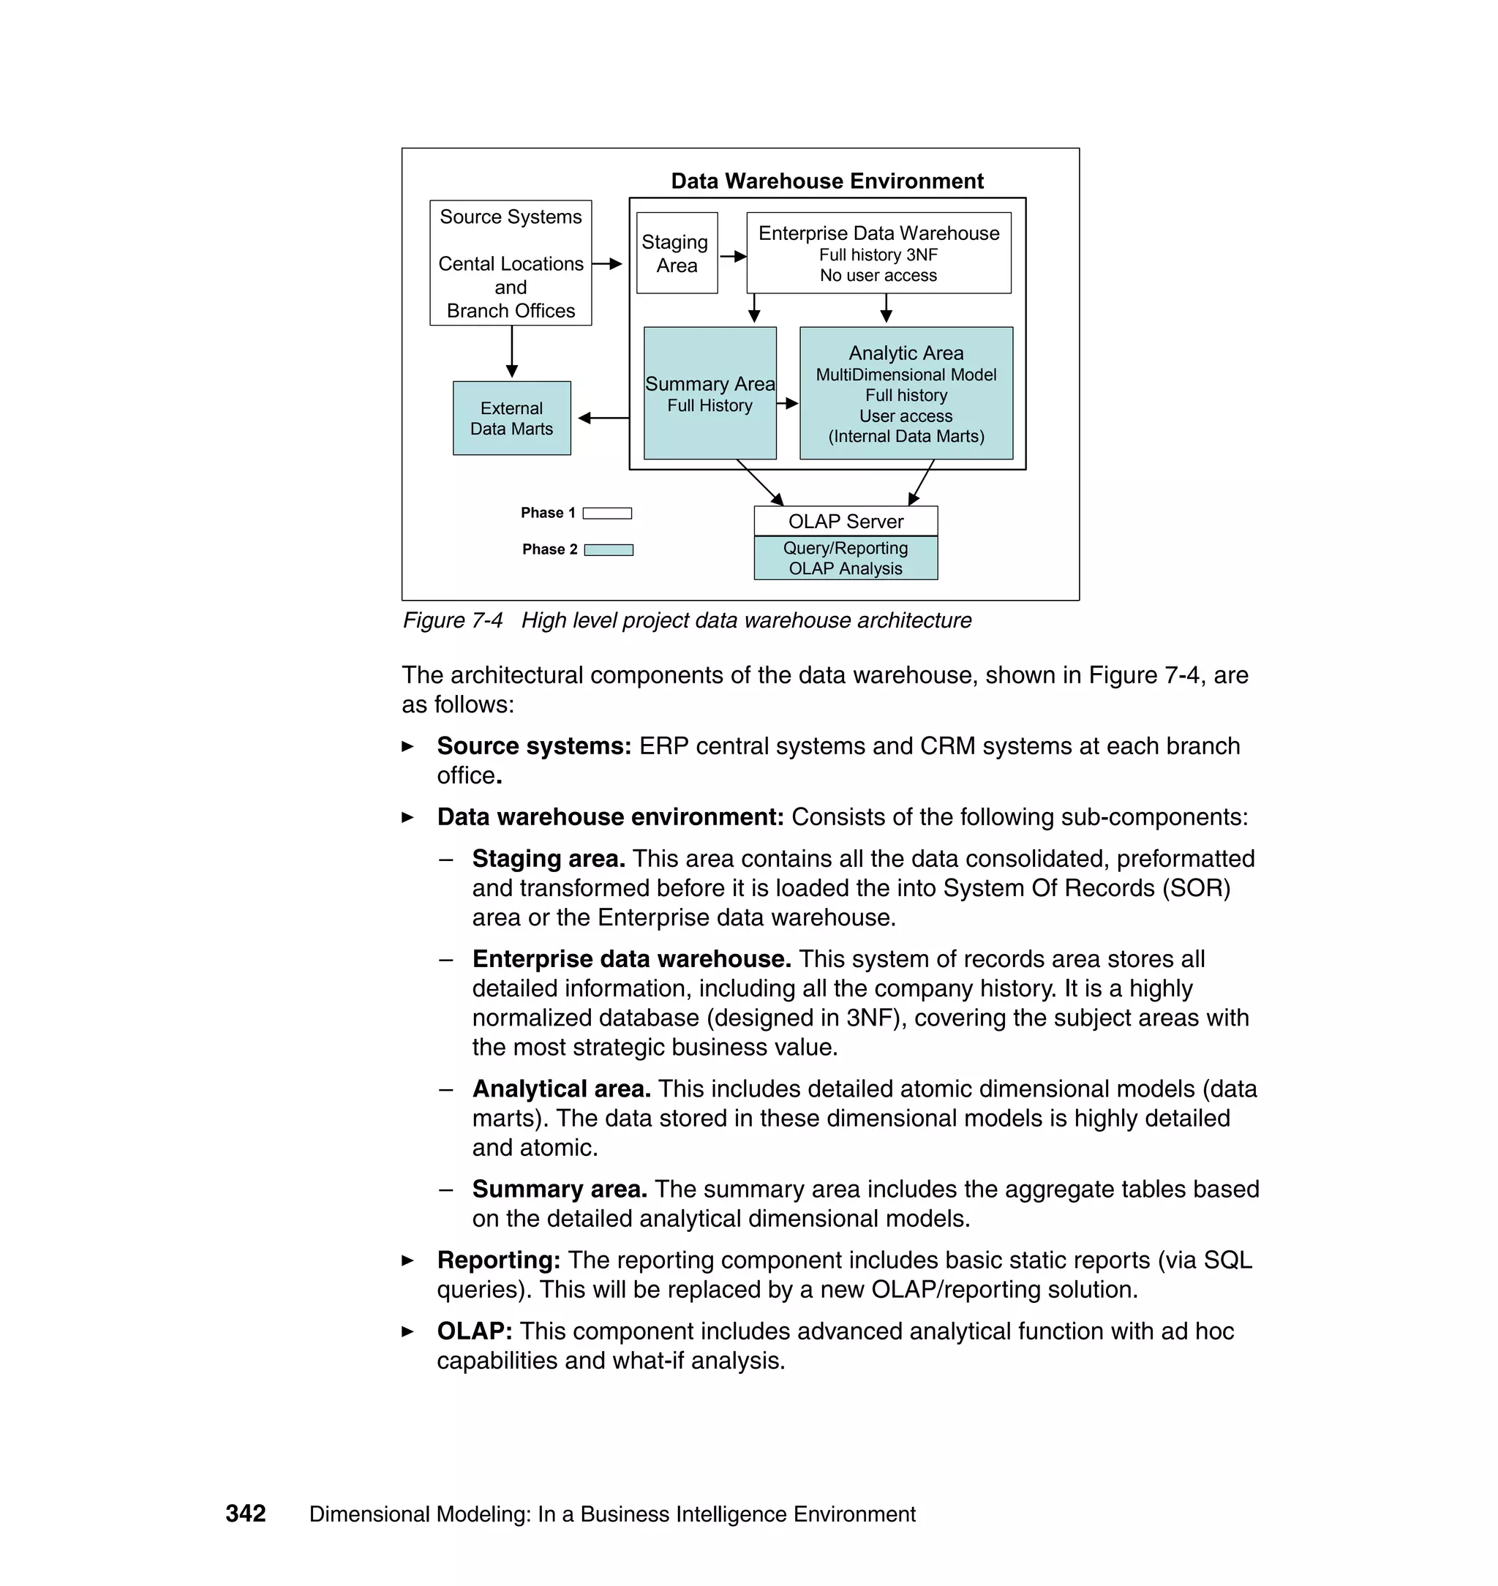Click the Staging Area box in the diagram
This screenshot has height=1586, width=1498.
click(x=677, y=252)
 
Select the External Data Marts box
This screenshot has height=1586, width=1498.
click(x=511, y=418)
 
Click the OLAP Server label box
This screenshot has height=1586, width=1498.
click(x=845, y=521)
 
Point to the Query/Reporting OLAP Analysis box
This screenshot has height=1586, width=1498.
click(x=845, y=557)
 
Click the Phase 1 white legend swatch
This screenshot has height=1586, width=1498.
click(x=607, y=513)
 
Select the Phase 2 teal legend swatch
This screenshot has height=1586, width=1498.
click(x=609, y=549)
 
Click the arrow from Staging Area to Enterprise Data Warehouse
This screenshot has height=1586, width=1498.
click(x=732, y=256)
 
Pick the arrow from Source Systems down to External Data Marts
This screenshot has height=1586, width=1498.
click(x=512, y=351)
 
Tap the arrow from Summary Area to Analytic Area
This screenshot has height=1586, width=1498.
click(x=787, y=403)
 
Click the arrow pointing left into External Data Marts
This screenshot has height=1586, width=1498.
click(x=603, y=418)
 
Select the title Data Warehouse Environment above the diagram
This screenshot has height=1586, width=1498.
click(x=827, y=181)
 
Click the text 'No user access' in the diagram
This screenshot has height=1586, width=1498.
click(x=878, y=276)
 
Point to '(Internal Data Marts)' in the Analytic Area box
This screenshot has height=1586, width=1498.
click(x=906, y=436)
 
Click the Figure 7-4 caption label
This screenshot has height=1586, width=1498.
click(x=452, y=620)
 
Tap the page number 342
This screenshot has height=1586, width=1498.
click(x=245, y=1514)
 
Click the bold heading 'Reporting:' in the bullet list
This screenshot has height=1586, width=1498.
click(x=498, y=1260)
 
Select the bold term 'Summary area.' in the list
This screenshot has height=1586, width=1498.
click(x=559, y=1188)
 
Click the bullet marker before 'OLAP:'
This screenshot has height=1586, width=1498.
click(x=408, y=1331)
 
